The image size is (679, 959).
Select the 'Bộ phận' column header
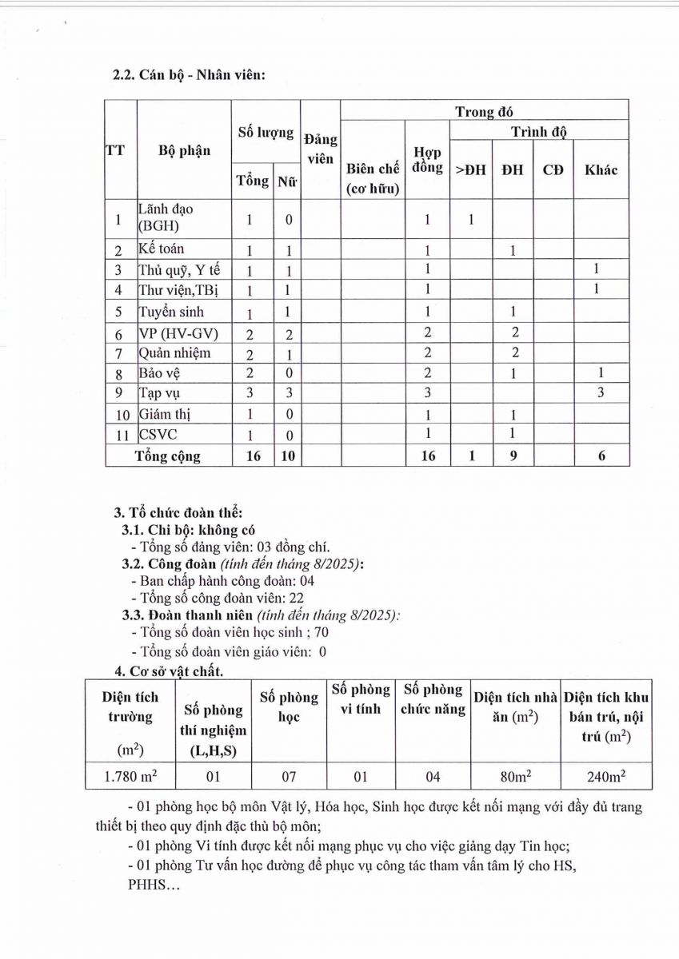[185, 150]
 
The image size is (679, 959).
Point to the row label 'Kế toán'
[161, 249]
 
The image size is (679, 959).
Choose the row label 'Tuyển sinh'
[170, 311]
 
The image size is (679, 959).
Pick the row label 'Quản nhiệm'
[174, 352]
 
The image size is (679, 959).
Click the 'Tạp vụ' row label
[158, 393]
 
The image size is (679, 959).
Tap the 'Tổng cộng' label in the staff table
[168, 456]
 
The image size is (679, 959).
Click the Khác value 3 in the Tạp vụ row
[601, 393]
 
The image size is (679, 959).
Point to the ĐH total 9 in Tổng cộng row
[512, 456]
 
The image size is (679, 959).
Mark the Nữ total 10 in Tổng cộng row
[286, 456]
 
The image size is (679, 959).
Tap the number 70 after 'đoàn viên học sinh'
[321, 633]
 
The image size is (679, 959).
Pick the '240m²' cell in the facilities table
[607, 776]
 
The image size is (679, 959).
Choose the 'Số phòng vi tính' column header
[361, 699]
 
